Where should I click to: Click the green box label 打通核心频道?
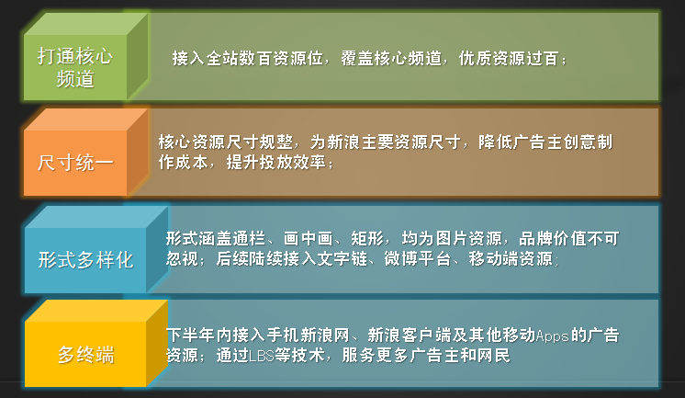coord(75,68)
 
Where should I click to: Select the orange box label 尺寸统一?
coord(75,163)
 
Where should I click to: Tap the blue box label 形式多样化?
coord(85,260)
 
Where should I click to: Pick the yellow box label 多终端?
coord(85,355)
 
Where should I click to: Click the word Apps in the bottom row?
coord(553,335)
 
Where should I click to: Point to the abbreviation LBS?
coord(262,356)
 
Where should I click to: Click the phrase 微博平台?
coord(417,259)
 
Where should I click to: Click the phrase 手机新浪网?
coord(309,335)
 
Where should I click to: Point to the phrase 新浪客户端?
coord(409,335)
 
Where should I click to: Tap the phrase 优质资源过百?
coord(509,58)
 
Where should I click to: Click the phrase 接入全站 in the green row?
coord(206,58)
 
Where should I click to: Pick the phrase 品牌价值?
coord(553,239)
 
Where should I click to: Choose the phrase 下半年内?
coord(199,335)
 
